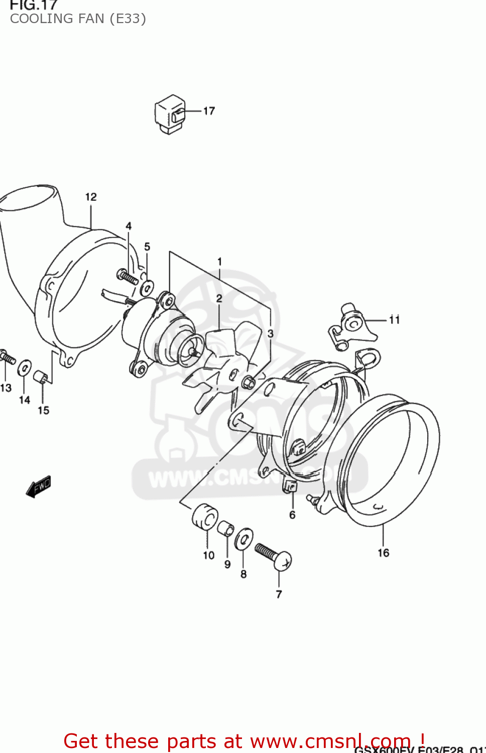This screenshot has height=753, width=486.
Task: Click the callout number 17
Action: tap(209, 111)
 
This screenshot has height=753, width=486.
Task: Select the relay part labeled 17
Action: tap(169, 114)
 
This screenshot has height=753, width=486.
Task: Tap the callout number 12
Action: tap(91, 197)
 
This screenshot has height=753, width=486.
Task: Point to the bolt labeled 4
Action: tap(128, 277)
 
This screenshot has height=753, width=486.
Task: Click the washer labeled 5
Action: tap(147, 288)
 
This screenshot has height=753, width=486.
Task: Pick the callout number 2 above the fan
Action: tap(219, 299)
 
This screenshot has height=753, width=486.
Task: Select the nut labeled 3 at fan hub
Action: tap(248, 383)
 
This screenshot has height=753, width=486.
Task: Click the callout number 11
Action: tap(394, 320)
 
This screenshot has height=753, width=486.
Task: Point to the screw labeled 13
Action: tap(7, 357)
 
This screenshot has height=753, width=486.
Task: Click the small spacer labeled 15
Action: tap(42, 377)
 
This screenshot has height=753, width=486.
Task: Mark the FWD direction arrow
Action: tap(39, 486)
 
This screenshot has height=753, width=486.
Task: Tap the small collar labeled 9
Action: tap(225, 528)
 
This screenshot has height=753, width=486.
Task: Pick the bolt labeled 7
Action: tap(274, 556)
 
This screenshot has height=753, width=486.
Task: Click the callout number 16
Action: tap(383, 553)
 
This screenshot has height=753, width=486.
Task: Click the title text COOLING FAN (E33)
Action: tap(78, 19)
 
